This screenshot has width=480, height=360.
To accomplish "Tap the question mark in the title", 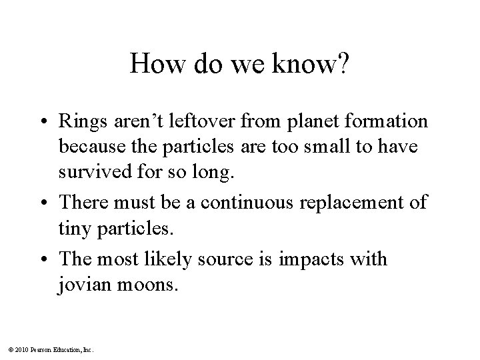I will [342, 65].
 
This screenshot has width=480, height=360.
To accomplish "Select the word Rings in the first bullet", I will [99, 123].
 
